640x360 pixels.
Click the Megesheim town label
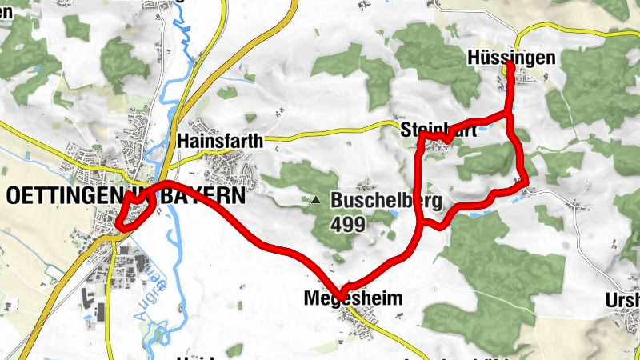pyautogui.click(x=350, y=298)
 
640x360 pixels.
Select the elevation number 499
pyautogui.click(x=348, y=224)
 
